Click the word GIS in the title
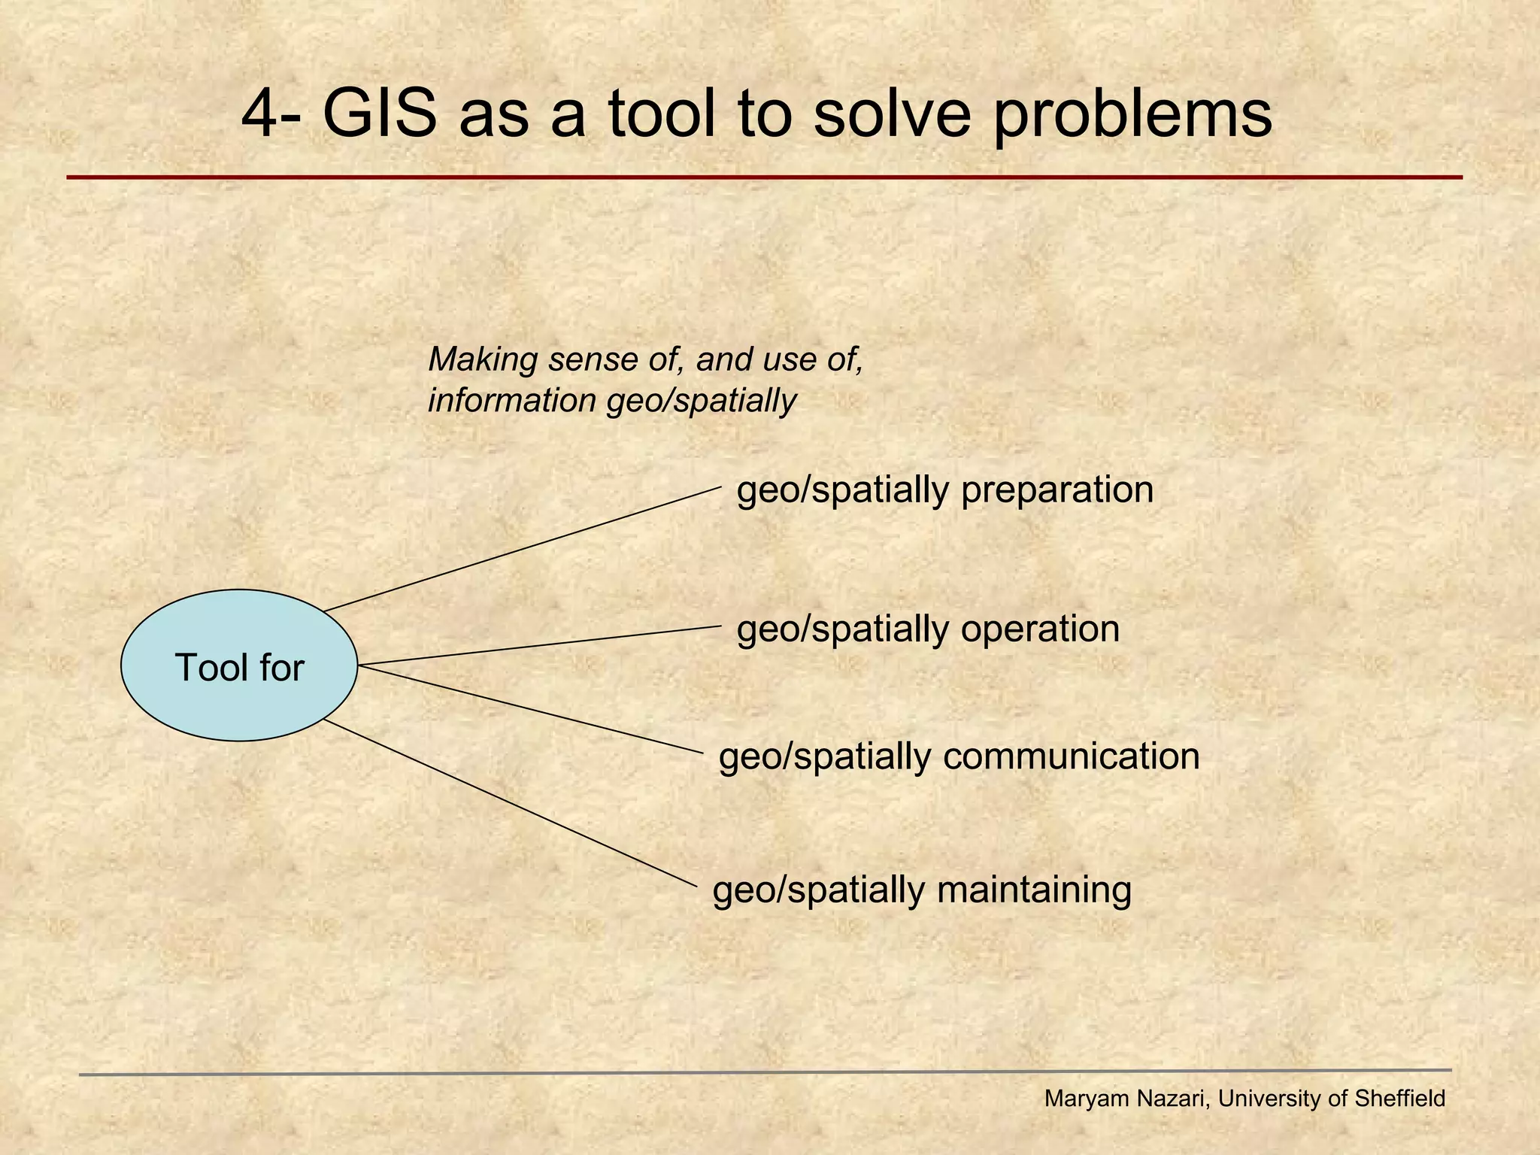(380, 114)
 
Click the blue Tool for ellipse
(239, 666)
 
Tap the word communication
(1071, 756)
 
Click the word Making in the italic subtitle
(483, 360)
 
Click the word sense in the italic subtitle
(593, 360)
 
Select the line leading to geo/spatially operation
(540, 645)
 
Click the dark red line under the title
(764, 177)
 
